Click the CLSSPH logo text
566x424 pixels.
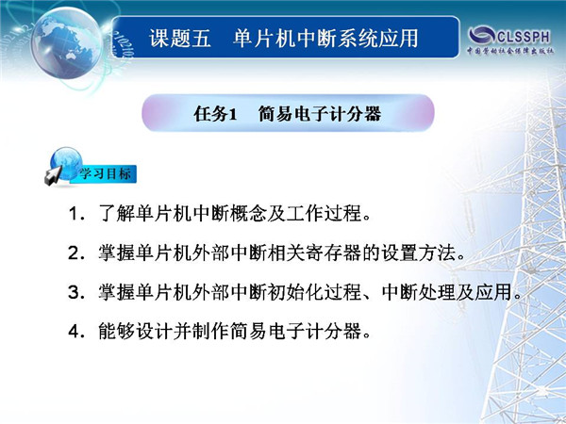(524, 37)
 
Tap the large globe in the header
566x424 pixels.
(66, 42)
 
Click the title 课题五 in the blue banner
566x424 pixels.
(180, 38)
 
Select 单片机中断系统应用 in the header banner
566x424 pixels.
(325, 38)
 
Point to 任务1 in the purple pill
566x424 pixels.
(215, 114)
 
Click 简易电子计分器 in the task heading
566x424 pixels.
(320, 114)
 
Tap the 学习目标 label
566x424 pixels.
(105, 173)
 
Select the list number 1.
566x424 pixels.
(74, 214)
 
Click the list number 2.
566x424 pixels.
(74, 253)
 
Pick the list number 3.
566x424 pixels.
(74, 292)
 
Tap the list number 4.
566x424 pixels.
(74, 331)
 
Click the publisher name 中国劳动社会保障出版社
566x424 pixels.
(510, 51)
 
